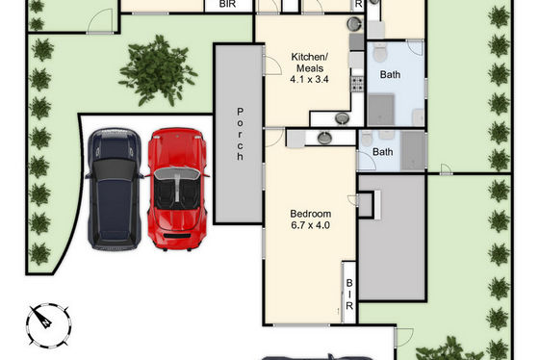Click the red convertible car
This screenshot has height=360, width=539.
[177, 189]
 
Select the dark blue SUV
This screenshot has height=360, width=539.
[115, 189]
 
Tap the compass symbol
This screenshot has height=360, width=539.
[48, 325]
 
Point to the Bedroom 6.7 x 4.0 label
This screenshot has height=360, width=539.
[310, 219]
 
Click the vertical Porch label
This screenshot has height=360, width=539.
[240, 134]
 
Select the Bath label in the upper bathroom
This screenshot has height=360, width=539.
[390, 74]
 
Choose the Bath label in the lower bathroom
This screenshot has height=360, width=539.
[383, 152]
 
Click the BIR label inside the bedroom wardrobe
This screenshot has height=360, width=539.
[349, 295]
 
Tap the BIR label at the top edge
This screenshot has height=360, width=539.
[227, 4]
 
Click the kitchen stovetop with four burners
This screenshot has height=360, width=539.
[357, 85]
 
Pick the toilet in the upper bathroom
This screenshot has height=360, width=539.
[380, 52]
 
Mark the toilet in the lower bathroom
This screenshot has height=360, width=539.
[367, 139]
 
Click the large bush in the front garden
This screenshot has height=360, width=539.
[158, 71]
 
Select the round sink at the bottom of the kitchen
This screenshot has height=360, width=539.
[342, 118]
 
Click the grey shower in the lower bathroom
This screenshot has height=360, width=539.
[413, 150]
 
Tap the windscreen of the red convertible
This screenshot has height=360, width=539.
[177, 172]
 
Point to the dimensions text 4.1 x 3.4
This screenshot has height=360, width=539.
[309, 80]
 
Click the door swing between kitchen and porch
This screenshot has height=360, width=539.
[273, 65]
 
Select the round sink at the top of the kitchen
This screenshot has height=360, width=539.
[354, 24]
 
